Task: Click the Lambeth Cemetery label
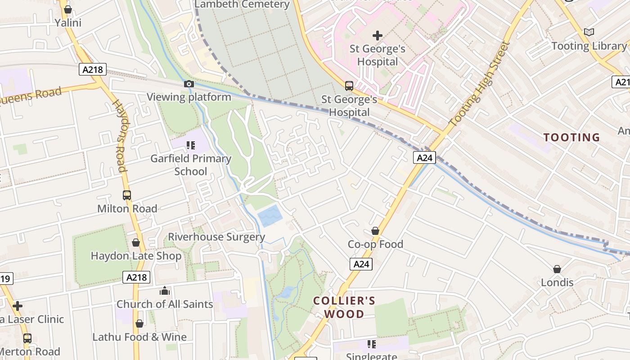[x=242, y=4]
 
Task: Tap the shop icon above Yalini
[x=68, y=9]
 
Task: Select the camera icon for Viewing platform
[x=189, y=84]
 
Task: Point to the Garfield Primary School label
[x=191, y=165]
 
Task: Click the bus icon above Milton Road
[x=127, y=195]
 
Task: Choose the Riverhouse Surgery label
[x=216, y=237]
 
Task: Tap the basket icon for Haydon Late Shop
[x=136, y=243]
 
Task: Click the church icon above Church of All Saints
[x=165, y=291]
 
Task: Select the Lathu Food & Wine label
[x=139, y=337]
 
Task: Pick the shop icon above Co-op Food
[x=375, y=231]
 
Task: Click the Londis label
[x=557, y=283]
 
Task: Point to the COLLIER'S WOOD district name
[x=344, y=307]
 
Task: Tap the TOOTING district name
[x=571, y=137]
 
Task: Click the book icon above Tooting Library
[x=589, y=32]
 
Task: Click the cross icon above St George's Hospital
[x=378, y=36]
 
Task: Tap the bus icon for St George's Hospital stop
[x=349, y=86]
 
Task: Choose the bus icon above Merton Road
[x=27, y=338]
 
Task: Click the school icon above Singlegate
[x=371, y=345]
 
